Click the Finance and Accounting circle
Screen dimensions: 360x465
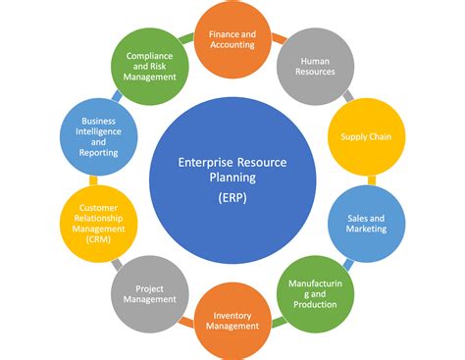coord(232,38)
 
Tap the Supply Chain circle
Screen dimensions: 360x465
coord(366,136)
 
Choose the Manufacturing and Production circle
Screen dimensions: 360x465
coord(315,291)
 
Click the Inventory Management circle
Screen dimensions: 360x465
coord(232,321)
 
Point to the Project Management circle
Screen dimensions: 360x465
coord(150,292)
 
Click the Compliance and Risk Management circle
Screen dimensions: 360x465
coord(150,67)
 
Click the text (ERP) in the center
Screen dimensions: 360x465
coord(232,197)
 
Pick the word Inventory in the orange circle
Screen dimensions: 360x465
coord(232,315)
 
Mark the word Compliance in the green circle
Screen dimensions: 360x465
coord(150,56)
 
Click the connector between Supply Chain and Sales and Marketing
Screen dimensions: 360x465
coord(370,180)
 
